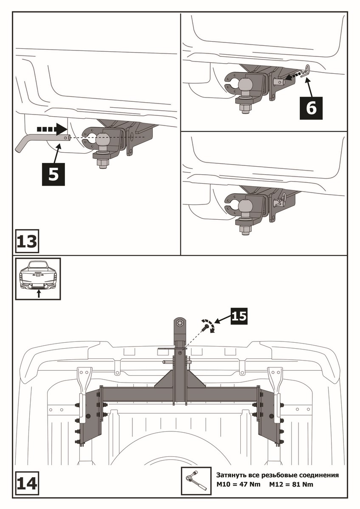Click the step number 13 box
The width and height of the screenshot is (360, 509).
pos(27,241)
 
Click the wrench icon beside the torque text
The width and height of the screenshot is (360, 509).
pos(196,481)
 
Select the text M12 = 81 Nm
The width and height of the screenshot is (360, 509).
pos(292,484)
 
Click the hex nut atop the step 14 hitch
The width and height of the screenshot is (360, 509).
pos(180,324)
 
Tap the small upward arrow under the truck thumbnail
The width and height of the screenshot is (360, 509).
pos(39,294)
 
